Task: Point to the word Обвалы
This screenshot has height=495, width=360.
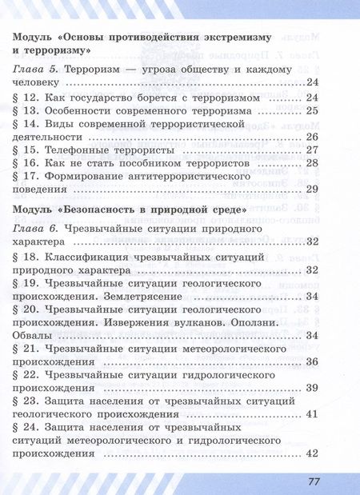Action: coord(37,335)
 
